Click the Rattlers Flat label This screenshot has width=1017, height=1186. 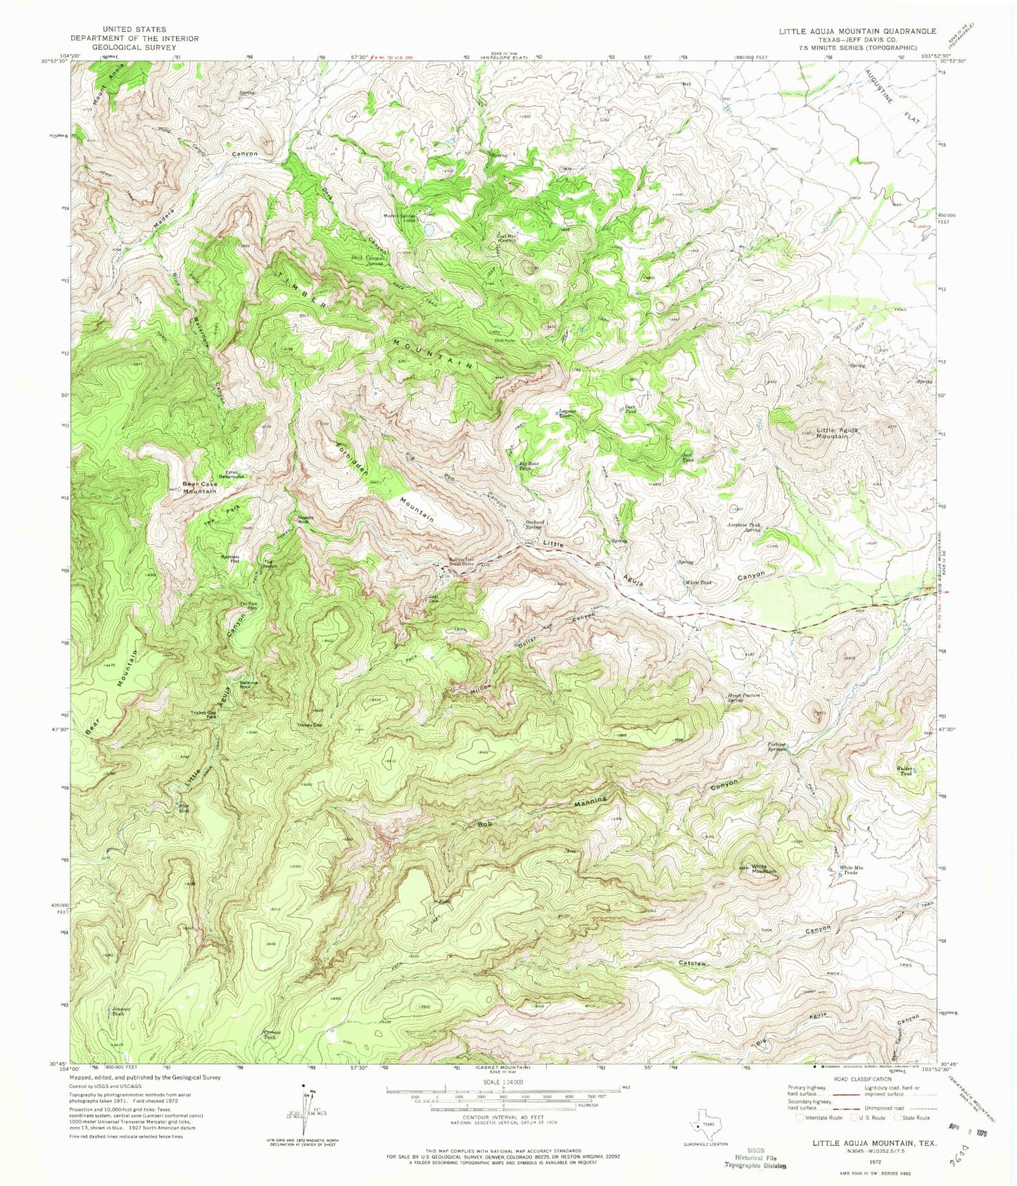pyautogui.click(x=229, y=560)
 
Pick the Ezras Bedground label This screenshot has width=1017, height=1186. pyautogui.click(x=231, y=474)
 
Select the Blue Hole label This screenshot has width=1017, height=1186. pyautogui.click(x=184, y=808)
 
